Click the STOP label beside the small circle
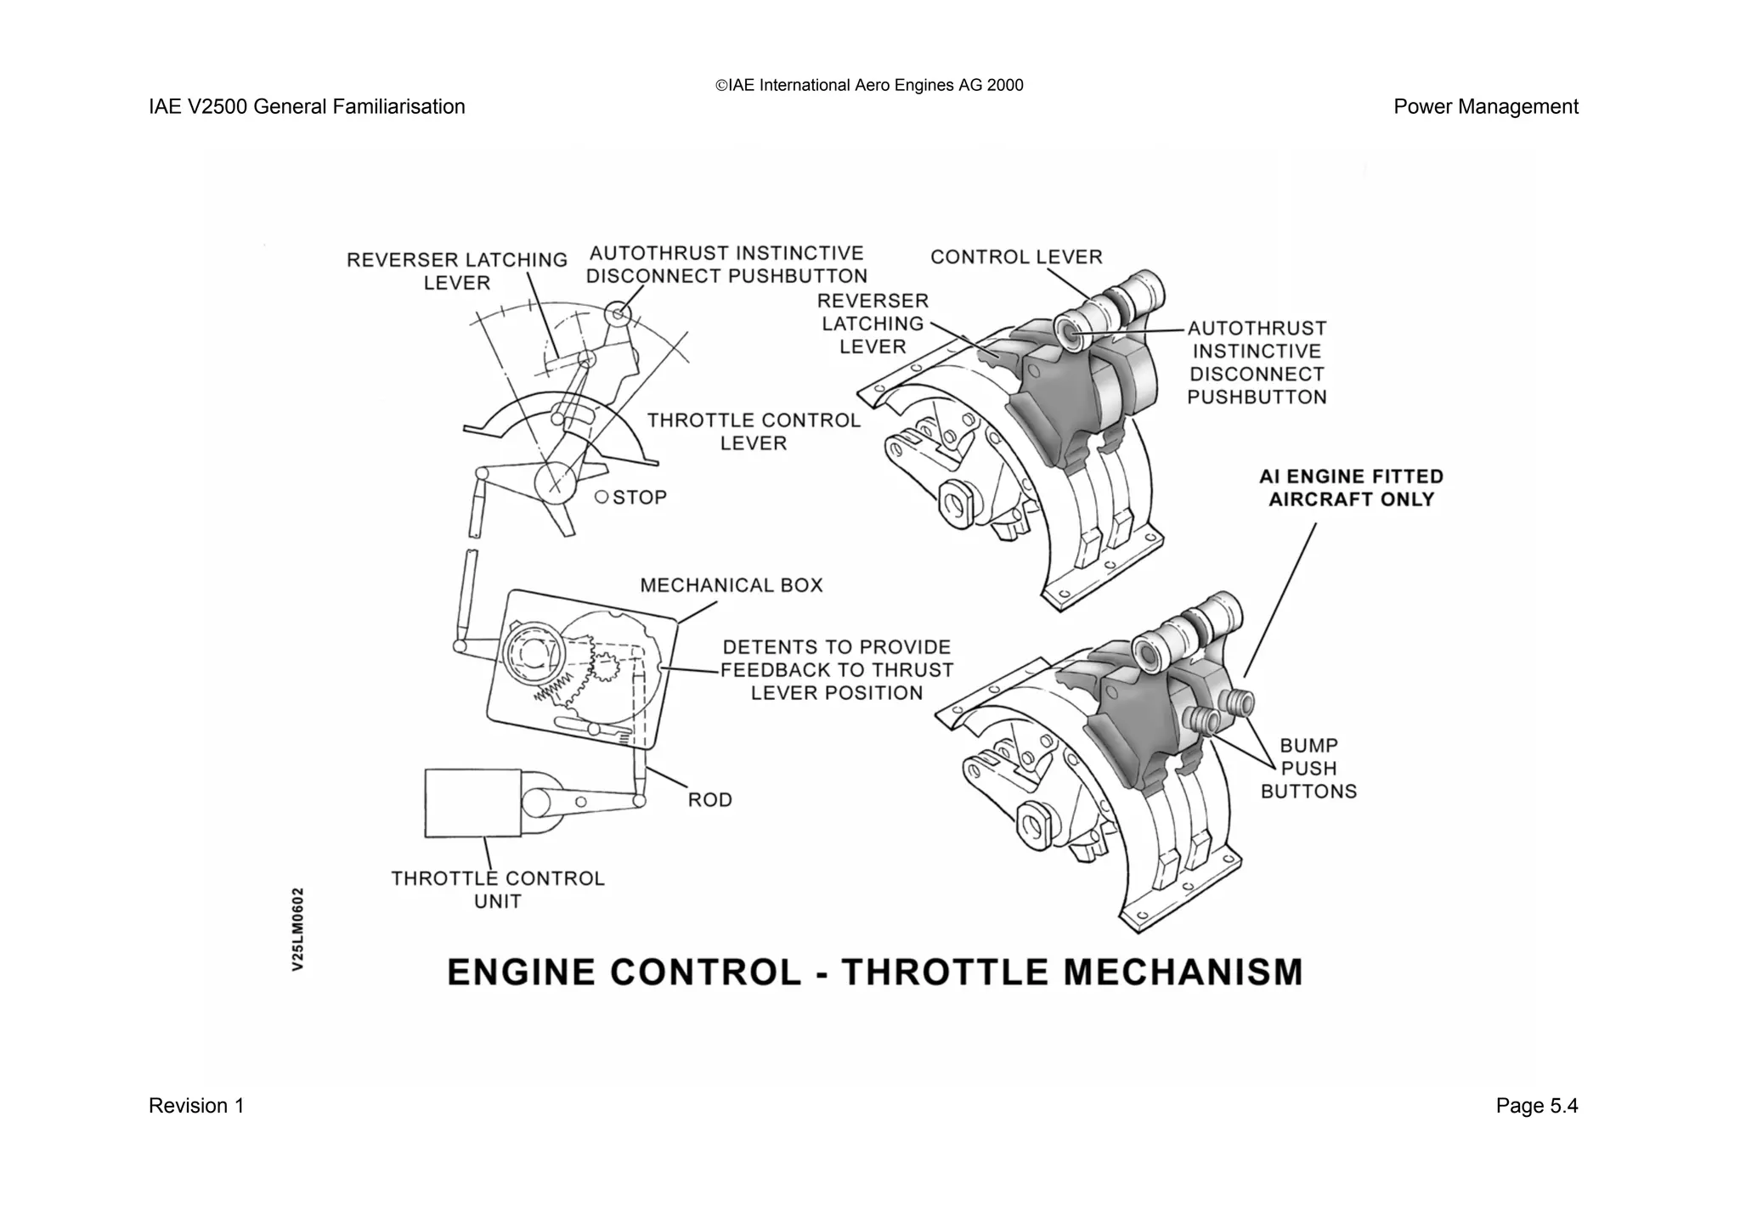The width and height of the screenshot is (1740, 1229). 639,498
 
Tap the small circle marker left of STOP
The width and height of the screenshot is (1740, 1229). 602,497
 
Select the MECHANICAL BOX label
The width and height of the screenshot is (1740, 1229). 731,585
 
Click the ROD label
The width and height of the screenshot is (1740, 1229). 709,800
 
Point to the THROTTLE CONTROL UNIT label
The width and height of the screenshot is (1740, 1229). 497,889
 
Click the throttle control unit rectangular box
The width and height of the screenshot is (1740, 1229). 472,803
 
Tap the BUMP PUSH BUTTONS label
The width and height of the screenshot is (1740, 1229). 1308,769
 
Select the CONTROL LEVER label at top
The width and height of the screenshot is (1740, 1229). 1016,257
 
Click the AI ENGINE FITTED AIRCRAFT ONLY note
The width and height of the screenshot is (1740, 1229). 1351,488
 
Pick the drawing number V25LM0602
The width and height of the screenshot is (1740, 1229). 297,929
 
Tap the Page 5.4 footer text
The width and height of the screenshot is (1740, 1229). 1536,1106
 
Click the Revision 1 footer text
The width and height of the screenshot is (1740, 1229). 196,1106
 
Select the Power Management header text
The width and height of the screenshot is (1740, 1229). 1485,107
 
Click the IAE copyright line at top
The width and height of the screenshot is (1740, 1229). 869,85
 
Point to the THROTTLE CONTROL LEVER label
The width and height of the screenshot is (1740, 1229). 754,431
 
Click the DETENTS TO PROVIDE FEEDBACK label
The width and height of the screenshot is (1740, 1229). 837,670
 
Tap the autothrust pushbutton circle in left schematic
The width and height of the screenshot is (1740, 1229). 619,316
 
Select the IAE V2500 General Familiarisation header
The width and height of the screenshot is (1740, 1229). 307,107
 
